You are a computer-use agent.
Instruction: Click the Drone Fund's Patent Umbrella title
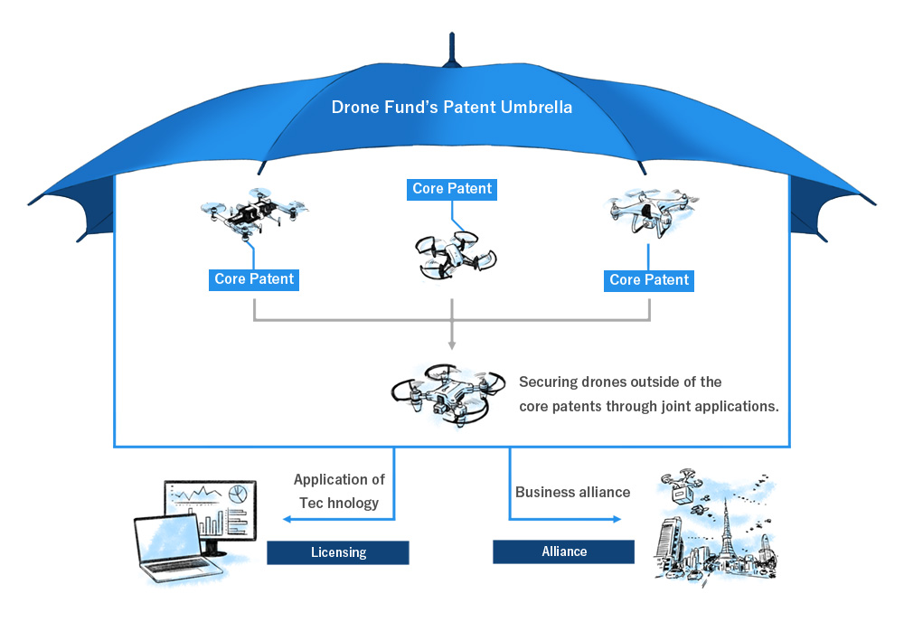pyautogui.click(x=453, y=108)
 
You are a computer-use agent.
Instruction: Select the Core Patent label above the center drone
pyautogui.click(x=452, y=189)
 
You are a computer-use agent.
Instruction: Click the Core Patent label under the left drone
pyautogui.click(x=254, y=279)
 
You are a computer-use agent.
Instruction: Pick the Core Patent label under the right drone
pyautogui.click(x=649, y=280)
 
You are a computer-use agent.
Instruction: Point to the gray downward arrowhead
pyautogui.click(x=452, y=344)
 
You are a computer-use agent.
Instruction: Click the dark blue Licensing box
pyautogui.click(x=337, y=552)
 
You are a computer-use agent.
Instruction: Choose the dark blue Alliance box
pyautogui.click(x=563, y=551)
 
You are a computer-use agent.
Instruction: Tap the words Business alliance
pyautogui.click(x=572, y=493)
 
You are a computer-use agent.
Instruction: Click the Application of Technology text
pyautogui.click(x=339, y=491)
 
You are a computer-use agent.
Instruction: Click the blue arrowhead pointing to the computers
pyautogui.click(x=287, y=519)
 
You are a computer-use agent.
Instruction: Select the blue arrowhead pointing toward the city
pyautogui.click(x=617, y=519)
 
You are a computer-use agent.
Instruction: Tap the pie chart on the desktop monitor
pyautogui.click(x=238, y=494)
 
